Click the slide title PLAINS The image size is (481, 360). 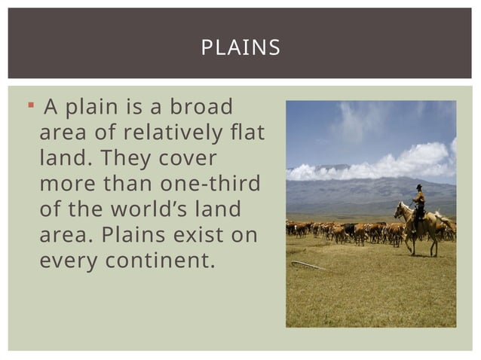click(x=240, y=49)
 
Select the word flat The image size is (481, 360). click(x=249, y=134)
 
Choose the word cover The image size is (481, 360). click(x=189, y=160)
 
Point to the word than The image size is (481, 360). click(x=126, y=185)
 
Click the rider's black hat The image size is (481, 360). click(x=418, y=187)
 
